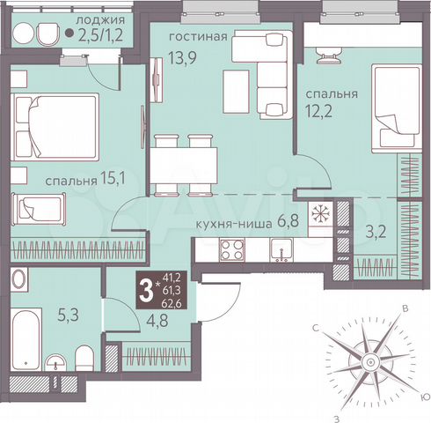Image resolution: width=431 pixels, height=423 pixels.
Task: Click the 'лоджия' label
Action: tap(99, 19)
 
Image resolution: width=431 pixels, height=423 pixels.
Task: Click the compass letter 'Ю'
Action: tap(426, 396)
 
